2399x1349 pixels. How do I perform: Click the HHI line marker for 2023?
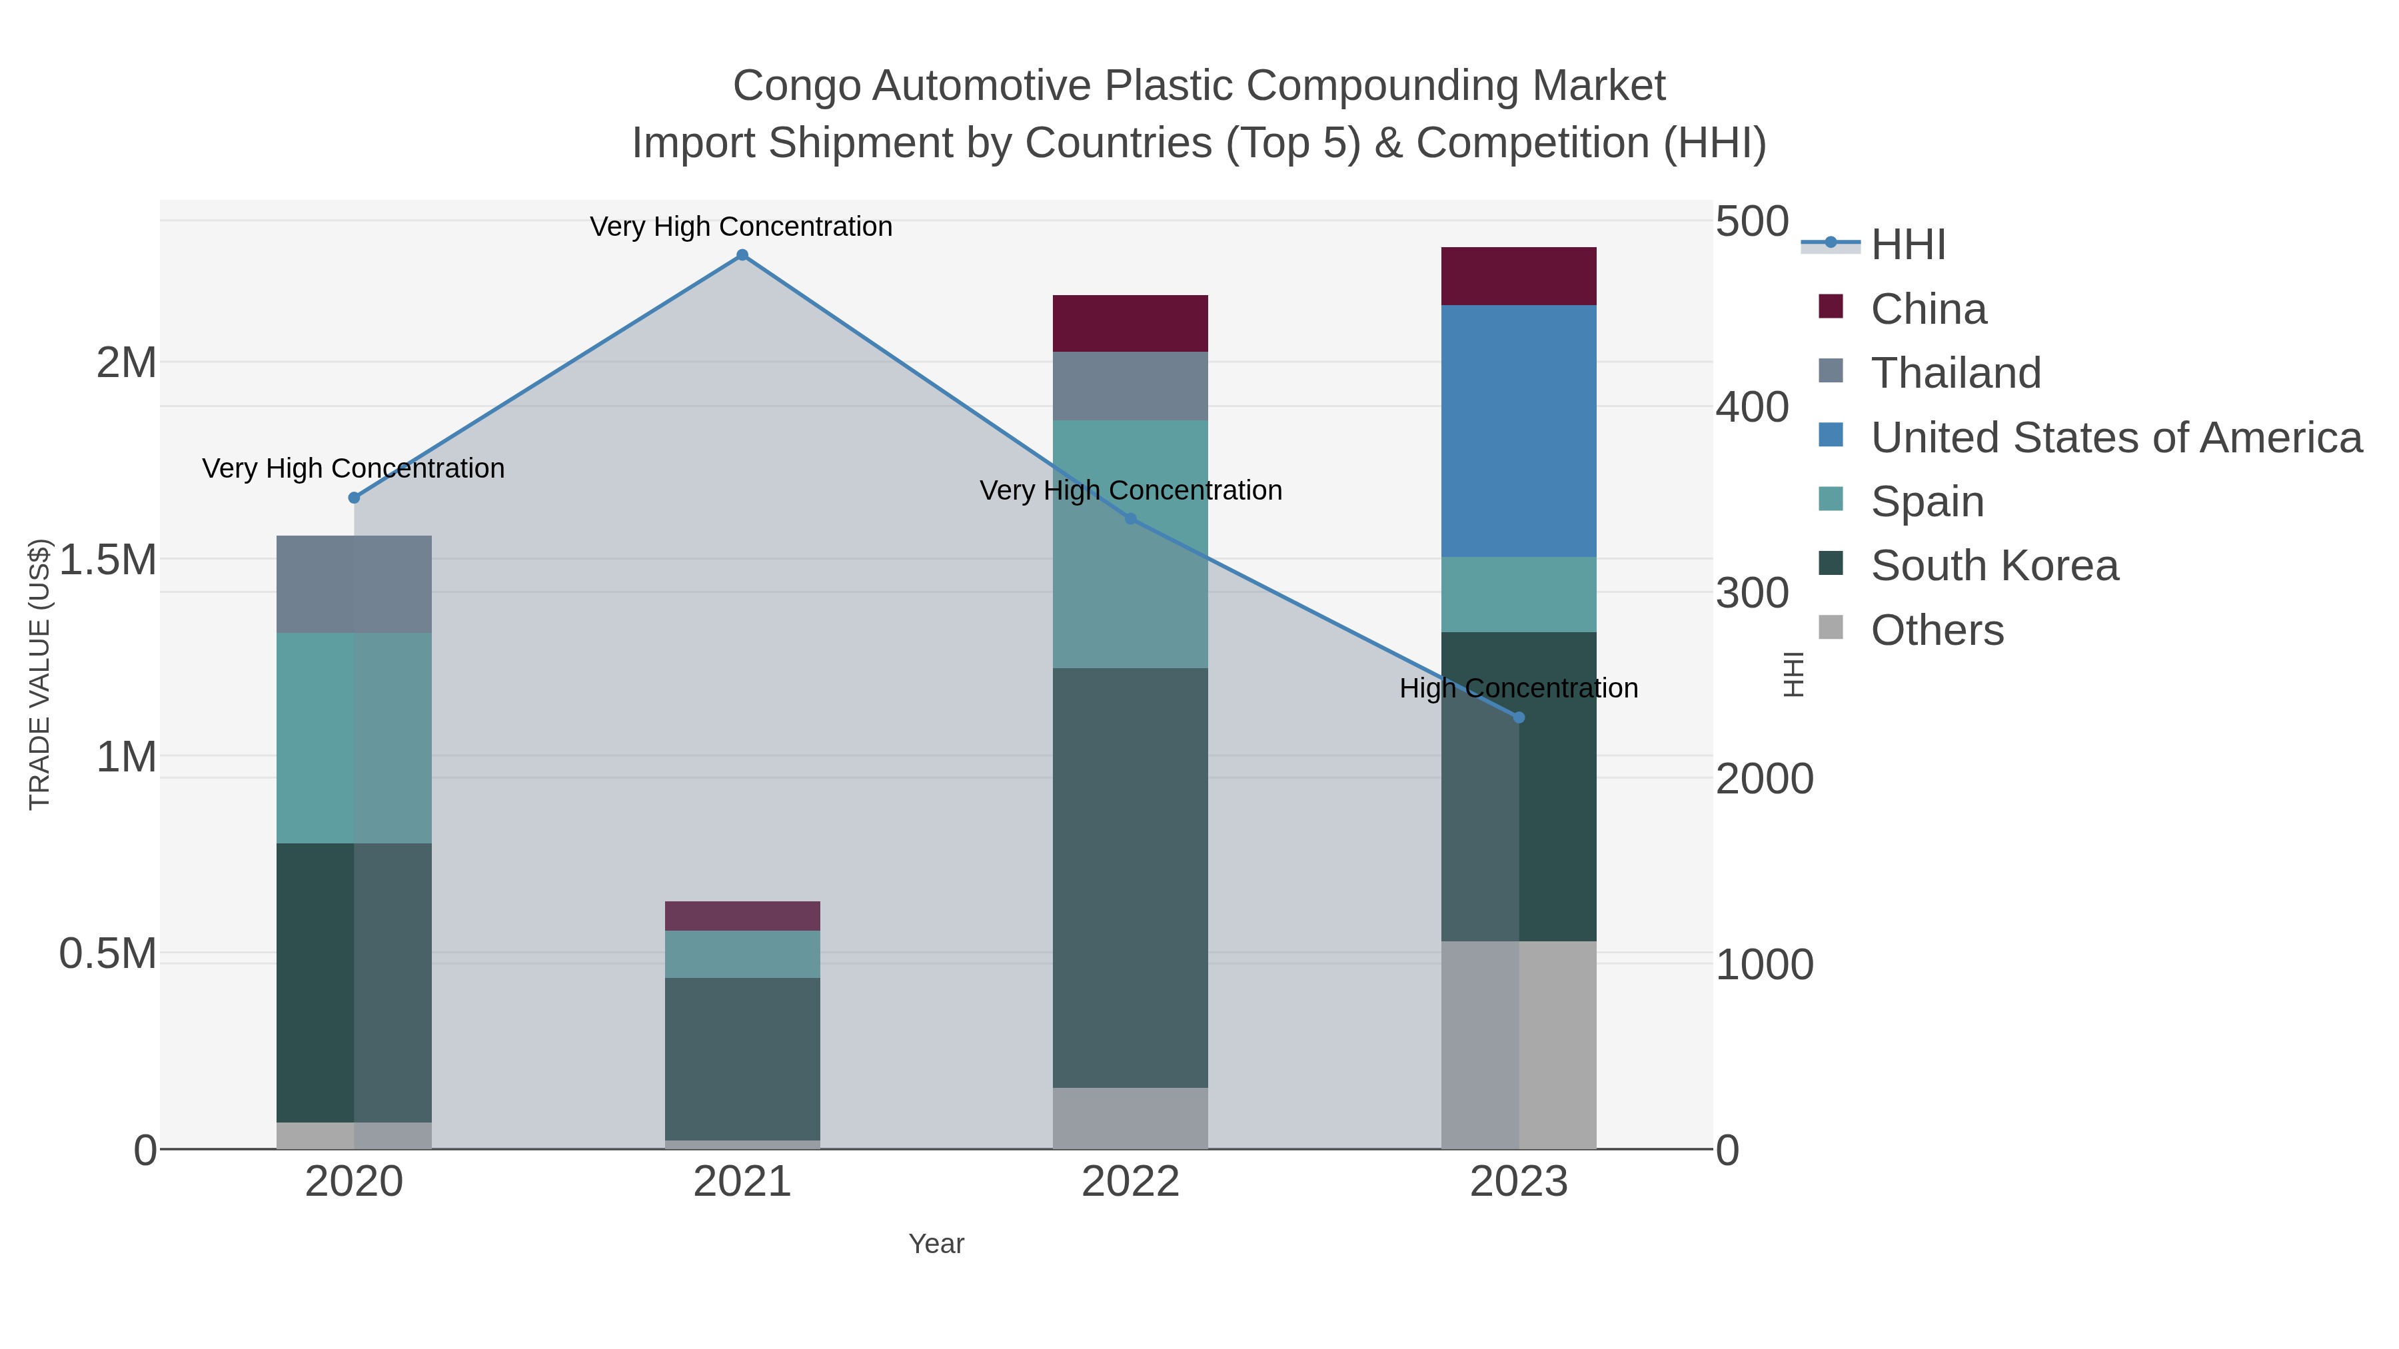(1519, 717)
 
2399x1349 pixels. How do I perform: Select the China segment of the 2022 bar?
(1130, 323)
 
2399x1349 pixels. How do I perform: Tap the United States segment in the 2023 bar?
(1519, 431)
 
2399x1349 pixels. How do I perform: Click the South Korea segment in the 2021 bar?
(742, 1059)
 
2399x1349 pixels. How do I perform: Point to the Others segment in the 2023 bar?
(1519, 1045)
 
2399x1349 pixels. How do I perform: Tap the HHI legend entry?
(1907, 245)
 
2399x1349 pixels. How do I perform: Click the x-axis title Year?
(936, 1244)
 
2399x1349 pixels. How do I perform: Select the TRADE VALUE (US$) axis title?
(39, 674)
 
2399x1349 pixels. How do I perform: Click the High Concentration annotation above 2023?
(1518, 689)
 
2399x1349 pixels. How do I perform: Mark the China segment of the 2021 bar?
(742, 916)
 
